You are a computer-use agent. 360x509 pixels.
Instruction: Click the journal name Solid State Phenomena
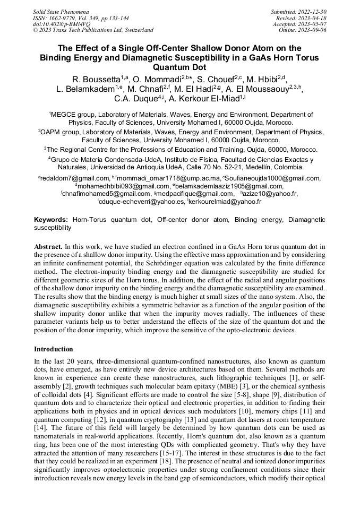61,11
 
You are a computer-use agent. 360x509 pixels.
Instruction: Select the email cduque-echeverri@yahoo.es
142,202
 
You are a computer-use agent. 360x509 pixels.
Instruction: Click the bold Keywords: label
51,219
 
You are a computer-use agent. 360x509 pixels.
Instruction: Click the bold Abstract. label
48,247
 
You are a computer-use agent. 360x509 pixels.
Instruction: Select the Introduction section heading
54,349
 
